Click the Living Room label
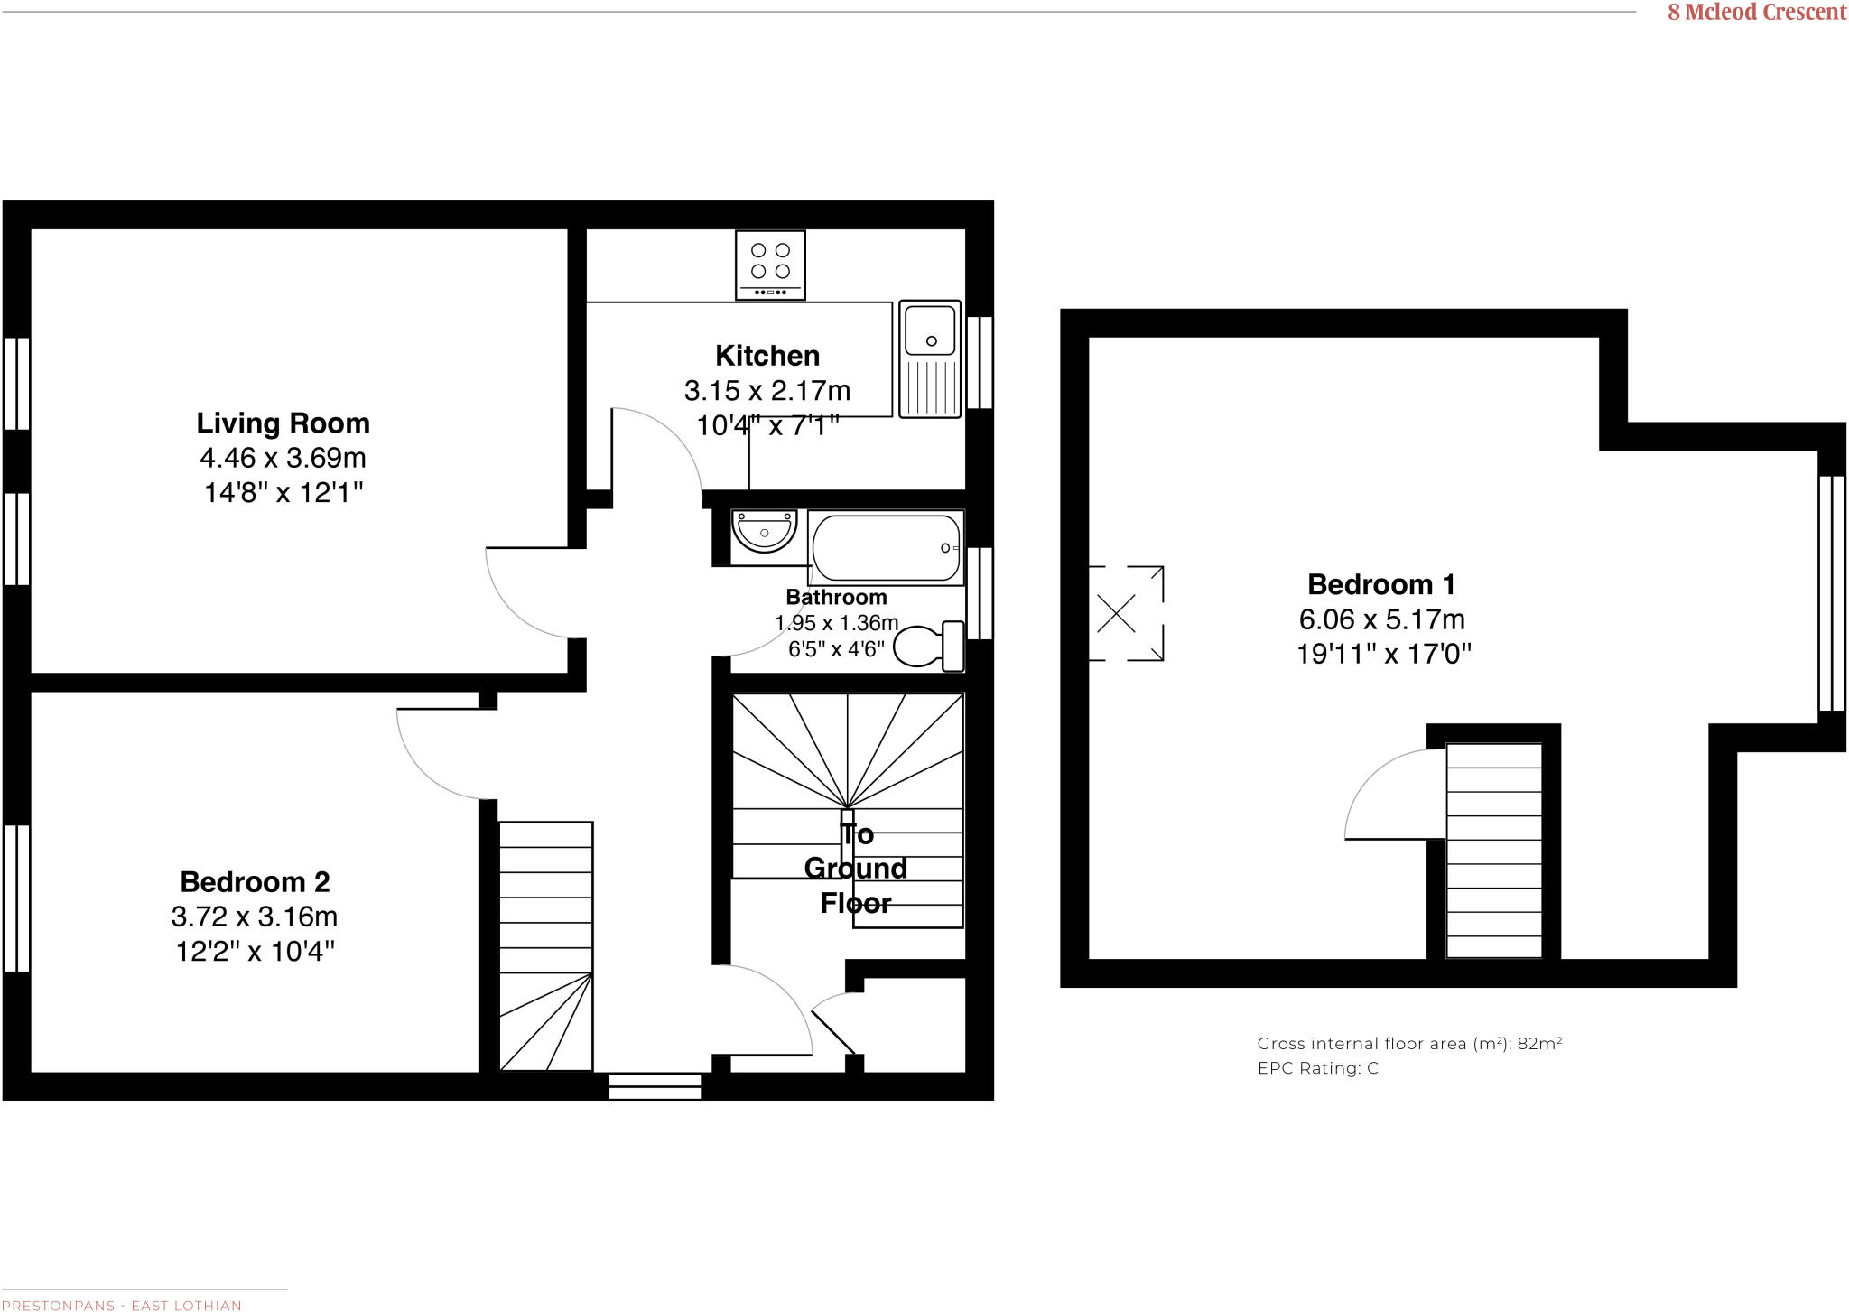[x=283, y=423]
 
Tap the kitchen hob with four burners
[x=770, y=264]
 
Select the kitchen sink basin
[x=930, y=330]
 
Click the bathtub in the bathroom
[x=886, y=547]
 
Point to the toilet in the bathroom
[x=927, y=647]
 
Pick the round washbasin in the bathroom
[x=764, y=532]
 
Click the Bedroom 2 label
[x=255, y=881]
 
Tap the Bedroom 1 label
[x=1381, y=584]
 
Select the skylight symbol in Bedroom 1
[x=1117, y=614]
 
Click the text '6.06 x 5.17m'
[x=1381, y=619]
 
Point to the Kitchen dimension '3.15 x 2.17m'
[x=767, y=390]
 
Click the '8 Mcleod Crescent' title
[x=1757, y=13]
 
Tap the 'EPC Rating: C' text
[x=1317, y=1068]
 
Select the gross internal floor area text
[x=1409, y=1044]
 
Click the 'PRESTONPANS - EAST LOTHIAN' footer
[x=121, y=1306]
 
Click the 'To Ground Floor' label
[x=855, y=869]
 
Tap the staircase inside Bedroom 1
[x=1493, y=850]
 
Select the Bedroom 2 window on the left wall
[x=16, y=898]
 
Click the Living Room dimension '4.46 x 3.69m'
[x=283, y=458]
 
